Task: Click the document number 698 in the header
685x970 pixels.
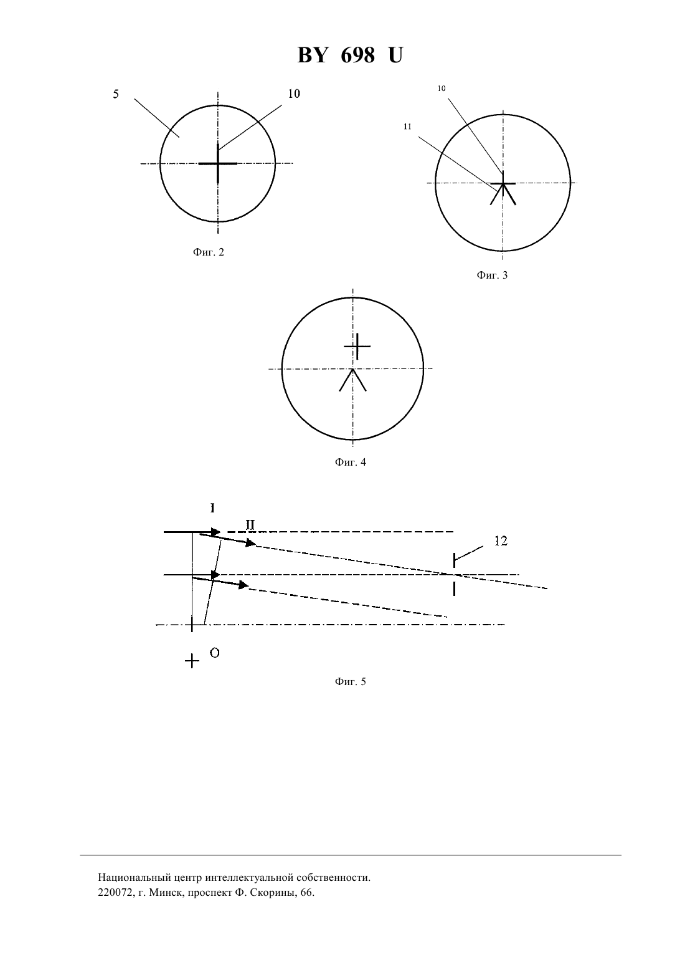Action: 357,55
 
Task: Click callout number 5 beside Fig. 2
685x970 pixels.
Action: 116,94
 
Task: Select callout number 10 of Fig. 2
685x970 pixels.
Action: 294,94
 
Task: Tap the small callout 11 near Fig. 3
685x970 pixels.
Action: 407,127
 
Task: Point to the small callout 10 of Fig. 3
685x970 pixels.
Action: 442,89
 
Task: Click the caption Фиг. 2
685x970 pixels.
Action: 209,252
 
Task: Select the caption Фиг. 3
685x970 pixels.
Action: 492,275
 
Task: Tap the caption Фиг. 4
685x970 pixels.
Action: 350,462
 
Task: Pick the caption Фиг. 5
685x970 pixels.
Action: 350,681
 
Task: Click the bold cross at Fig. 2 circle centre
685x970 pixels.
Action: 218,164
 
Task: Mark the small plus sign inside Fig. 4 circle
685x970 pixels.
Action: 357,347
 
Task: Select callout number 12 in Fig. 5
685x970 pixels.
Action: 500,541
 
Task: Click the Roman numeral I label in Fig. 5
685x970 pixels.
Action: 212,508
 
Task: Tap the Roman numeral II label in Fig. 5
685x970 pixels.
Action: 250,526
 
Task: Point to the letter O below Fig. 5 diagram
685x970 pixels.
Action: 214,653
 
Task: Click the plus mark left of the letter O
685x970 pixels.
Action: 192,661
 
